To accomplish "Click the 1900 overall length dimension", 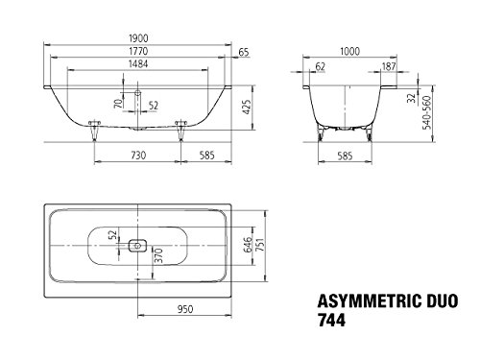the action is [138, 38].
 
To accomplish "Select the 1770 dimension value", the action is [138, 51].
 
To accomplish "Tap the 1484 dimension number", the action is [138, 64].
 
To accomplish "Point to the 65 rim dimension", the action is [244, 52].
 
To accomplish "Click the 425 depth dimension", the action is [247, 108].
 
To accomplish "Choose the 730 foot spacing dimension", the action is [138, 156].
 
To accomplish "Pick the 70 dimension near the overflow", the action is [118, 104].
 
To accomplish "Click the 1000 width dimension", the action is [349, 51].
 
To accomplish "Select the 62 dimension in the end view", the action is [320, 66].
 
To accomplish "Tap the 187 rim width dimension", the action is [389, 66].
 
